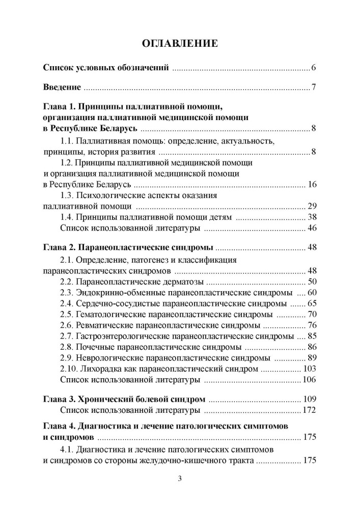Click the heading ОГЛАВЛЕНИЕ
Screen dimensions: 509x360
180,44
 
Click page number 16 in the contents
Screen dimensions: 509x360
312,184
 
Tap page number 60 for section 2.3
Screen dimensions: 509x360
312,293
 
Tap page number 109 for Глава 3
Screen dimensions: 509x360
310,400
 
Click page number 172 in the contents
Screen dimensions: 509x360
310,410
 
